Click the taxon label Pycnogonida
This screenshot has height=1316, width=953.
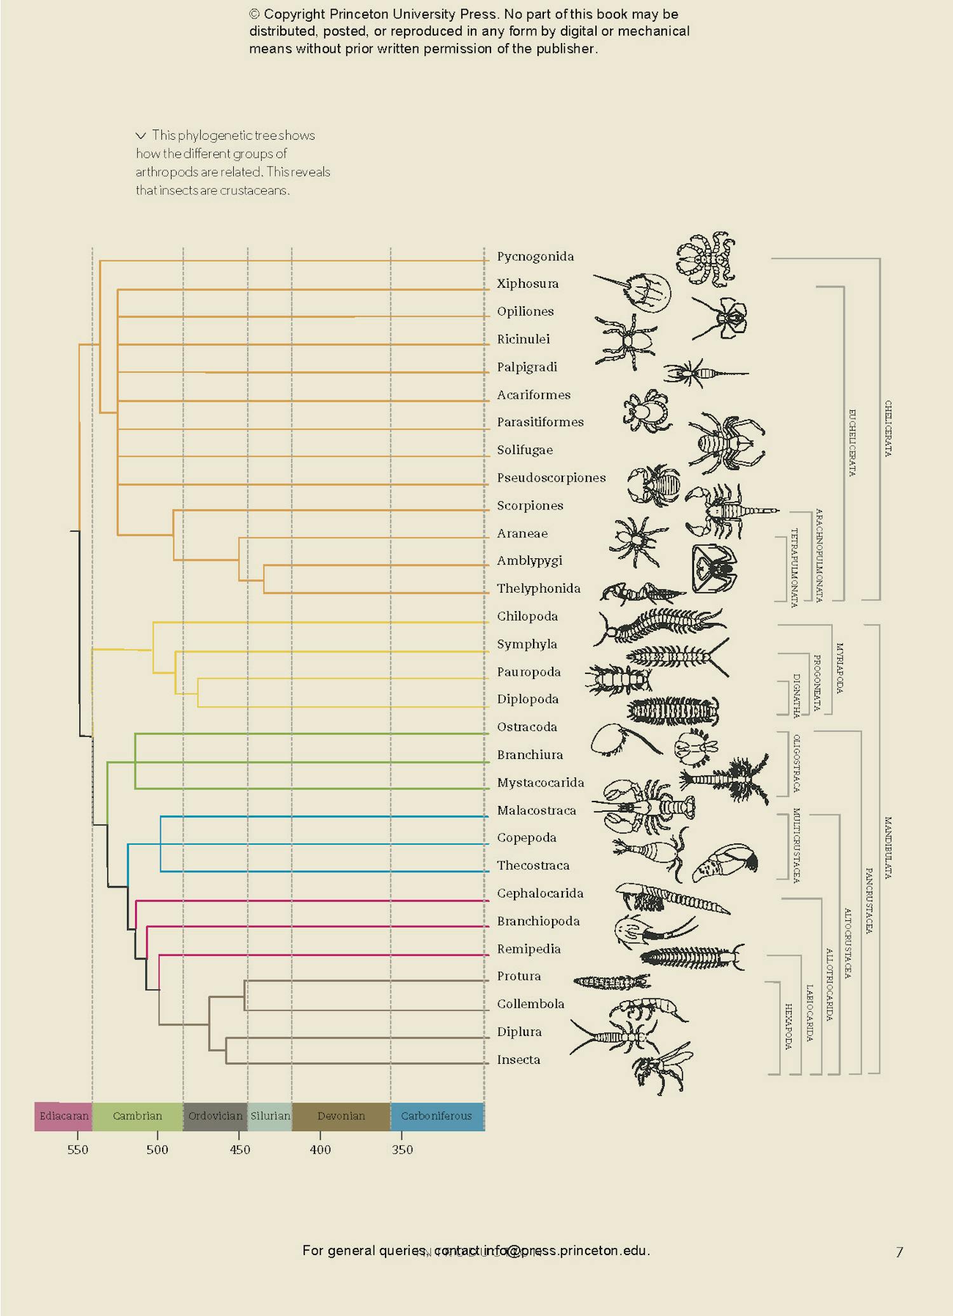(x=535, y=257)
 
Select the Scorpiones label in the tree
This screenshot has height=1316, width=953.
(x=530, y=506)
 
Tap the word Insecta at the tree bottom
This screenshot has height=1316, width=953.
(x=518, y=1059)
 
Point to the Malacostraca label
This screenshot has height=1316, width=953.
(x=536, y=810)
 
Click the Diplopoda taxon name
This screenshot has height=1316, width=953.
(x=527, y=699)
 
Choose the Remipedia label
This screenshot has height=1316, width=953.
(x=529, y=949)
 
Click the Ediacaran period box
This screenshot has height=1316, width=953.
(x=64, y=1116)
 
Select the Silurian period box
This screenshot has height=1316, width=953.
(x=270, y=1116)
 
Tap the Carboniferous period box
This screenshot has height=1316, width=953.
(x=436, y=1116)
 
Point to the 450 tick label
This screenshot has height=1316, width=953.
(x=240, y=1150)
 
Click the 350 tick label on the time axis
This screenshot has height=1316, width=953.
(x=402, y=1150)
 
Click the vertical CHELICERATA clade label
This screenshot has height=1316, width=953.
(x=888, y=428)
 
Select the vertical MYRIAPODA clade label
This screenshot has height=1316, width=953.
(x=839, y=668)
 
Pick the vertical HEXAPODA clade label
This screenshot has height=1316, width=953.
(x=788, y=1026)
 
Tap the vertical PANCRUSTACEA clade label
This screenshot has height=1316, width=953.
(x=869, y=900)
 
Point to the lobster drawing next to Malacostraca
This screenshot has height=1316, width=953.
(x=645, y=807)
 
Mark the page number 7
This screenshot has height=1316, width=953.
(x=899, y=1252)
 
